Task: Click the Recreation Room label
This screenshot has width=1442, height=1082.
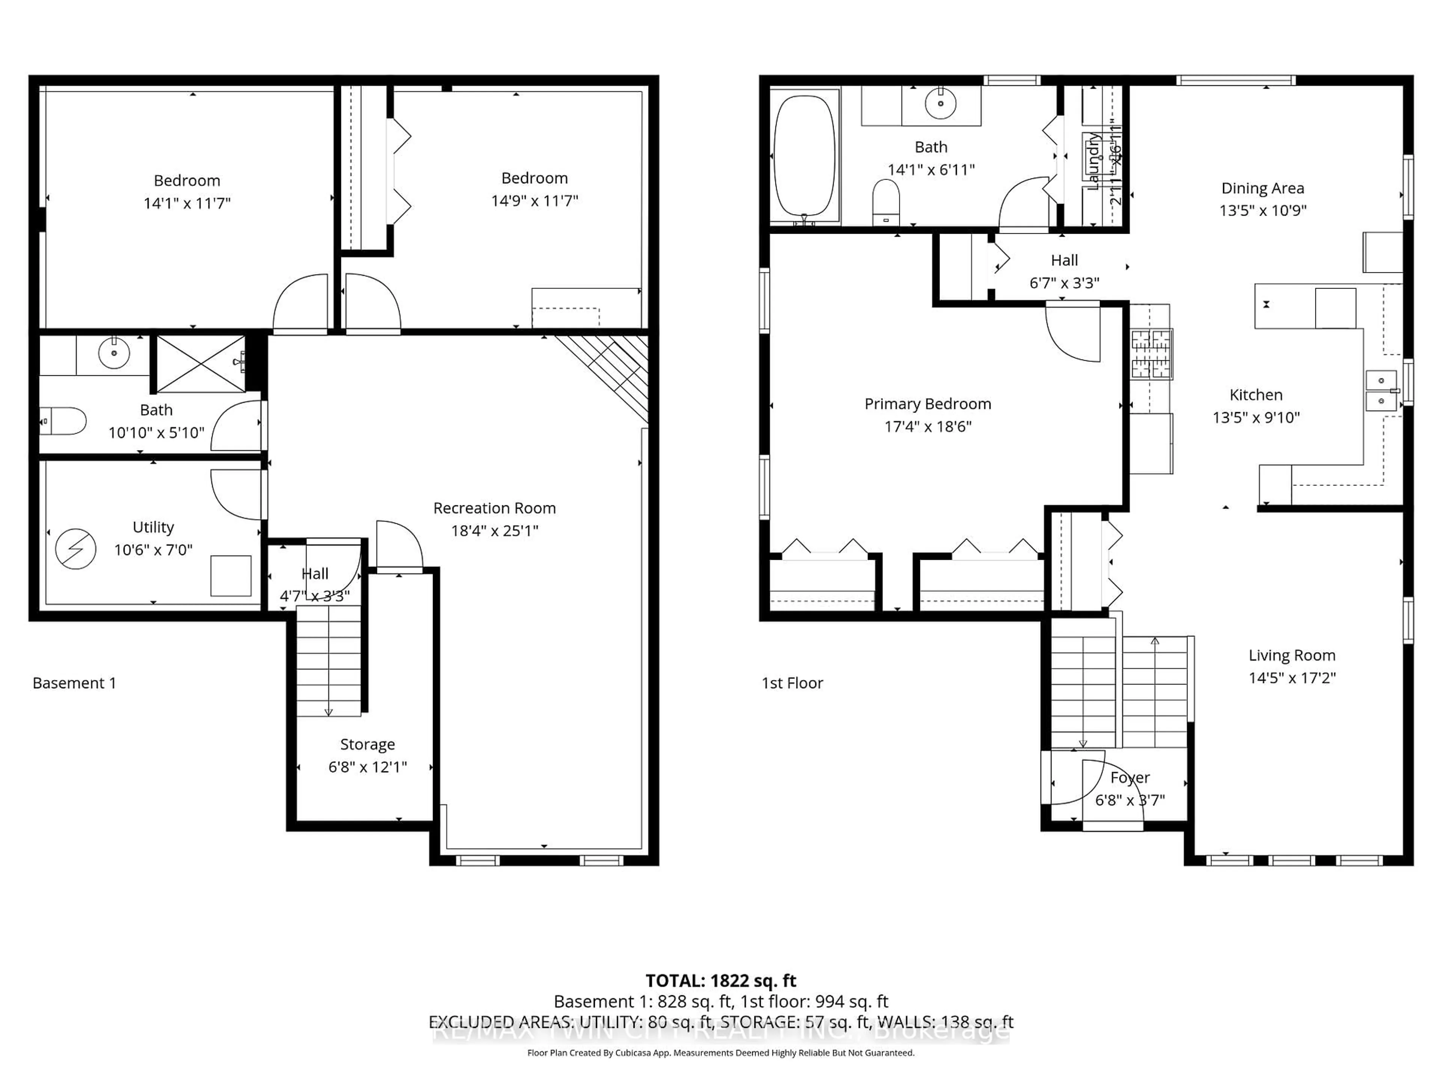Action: click(x=494, y=508)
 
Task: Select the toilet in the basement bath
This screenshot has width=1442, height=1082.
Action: click(x=64, y=421)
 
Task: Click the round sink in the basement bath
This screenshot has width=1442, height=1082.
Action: click(x=114, y=353)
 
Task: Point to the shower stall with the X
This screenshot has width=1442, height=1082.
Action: click(x=201, y=364)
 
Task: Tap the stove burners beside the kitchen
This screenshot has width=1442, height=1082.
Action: click(x=1151, y=354)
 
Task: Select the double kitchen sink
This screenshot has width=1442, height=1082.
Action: click(x=1381, y=390)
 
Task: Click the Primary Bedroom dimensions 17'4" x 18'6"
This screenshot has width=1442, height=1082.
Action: click(x=928, y=426)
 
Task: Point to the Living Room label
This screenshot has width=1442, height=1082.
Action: click(x=1291, y=656)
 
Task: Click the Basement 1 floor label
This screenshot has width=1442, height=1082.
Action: click(x=74, y=683)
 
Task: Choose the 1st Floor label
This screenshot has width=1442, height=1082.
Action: click(x=792, y=683)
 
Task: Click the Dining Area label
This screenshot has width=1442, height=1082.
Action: click(x=1262, y=189)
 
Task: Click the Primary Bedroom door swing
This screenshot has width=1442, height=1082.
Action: click(x=1072, y=334)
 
